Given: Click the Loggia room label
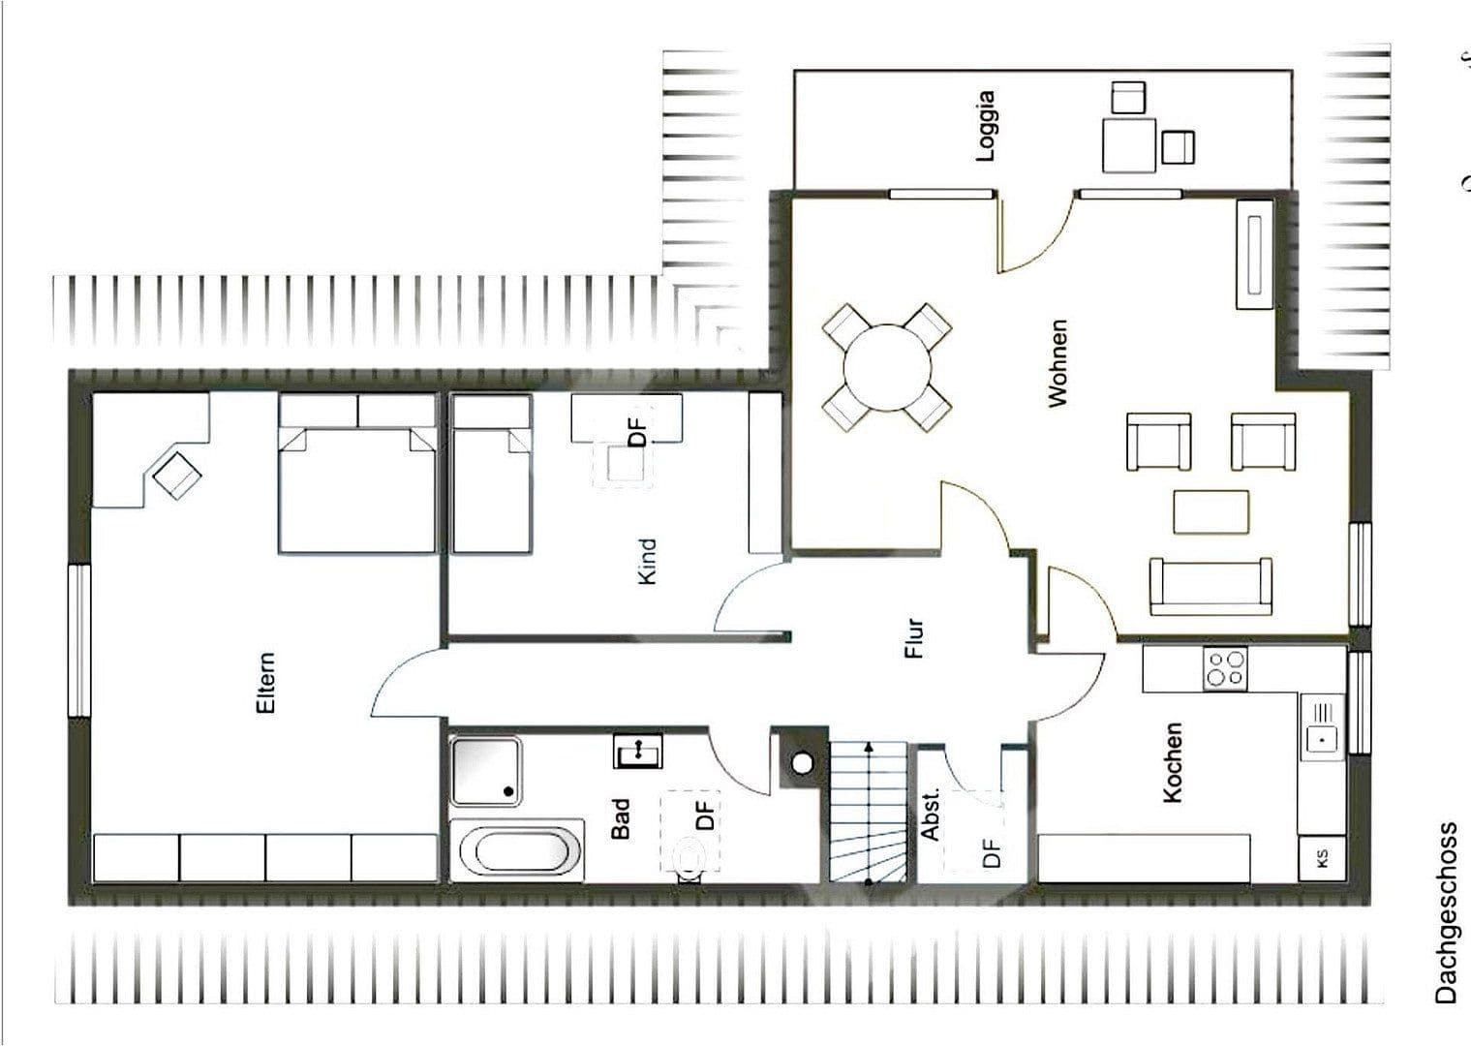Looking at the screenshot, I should click(x=986, y=126).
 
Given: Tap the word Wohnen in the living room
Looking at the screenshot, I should click(x=1057, y=363).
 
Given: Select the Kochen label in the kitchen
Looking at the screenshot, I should click(x=1172, y=762).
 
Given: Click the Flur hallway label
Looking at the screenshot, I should click(x=914, y=639).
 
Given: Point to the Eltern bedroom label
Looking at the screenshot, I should click(x=264, y=683).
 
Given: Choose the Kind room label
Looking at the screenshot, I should click(x=647, y=562).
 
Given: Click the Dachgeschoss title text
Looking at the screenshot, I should click(x=1446, y=912).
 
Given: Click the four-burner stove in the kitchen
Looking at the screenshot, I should click(x=1225, y=668).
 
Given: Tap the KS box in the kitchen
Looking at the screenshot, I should click(x=1322, y=858).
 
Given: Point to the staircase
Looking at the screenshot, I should click(x=868, y=812).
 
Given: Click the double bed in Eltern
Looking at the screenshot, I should click(x=357, y=484).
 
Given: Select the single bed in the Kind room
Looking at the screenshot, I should click(x=493, y=484).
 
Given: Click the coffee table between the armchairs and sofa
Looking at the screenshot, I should click(x=1211, y=511).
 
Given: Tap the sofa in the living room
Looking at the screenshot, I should click(x=1211, y=586).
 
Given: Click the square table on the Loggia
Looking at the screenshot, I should click(x=1128, y=145).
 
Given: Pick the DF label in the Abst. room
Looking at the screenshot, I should click(x=990, y=852).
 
